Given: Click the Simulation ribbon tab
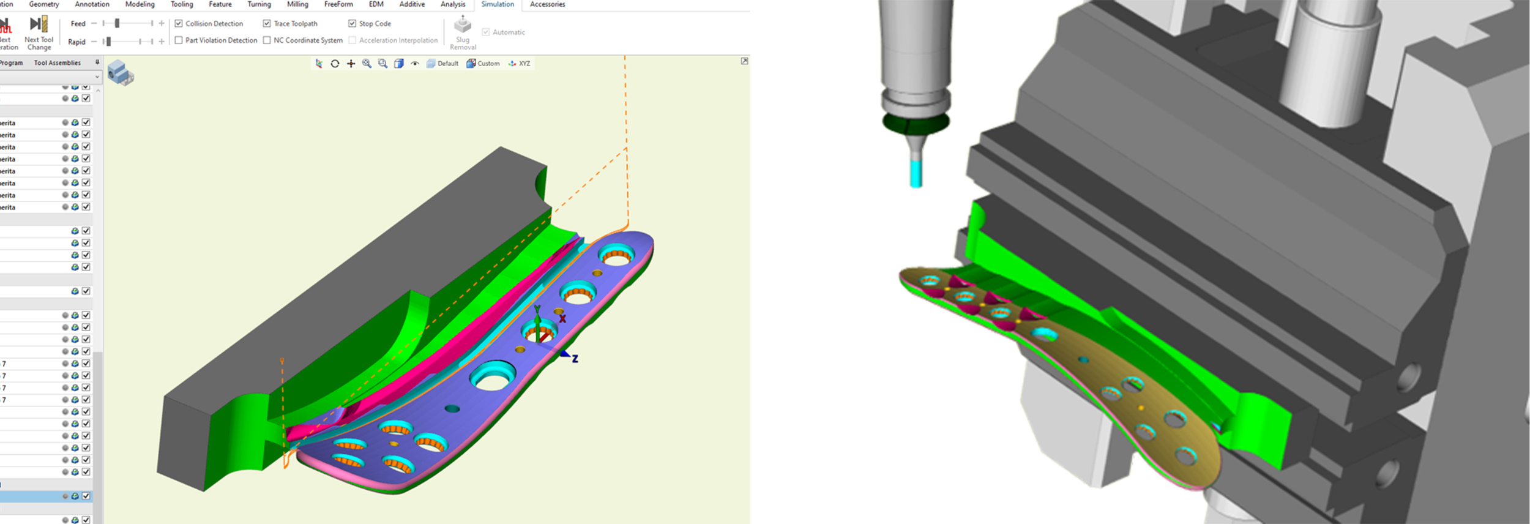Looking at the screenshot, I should (x=497, y=4).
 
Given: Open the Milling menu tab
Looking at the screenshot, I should (x=297, y=4).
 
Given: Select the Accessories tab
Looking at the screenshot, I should (x=547, y=4).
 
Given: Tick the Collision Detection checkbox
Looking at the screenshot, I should (x=179, y=24).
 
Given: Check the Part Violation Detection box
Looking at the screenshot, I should (x=179, y=40).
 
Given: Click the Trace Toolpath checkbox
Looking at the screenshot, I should (x=267, y=24).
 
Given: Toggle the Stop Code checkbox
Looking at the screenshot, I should (x=352, y=24).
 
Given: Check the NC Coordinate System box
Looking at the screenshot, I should (x=267, y=40).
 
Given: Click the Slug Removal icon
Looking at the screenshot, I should (x=463, y=26).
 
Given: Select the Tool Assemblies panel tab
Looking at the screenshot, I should (x=57, y=63).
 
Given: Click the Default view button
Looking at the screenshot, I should (x=442, y=64).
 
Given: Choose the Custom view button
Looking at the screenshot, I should (x=483, y=64).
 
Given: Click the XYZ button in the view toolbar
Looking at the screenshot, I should (x=520, y=64).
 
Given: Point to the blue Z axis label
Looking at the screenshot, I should (x=575, y=359).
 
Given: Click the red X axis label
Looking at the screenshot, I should (x=562, y=319).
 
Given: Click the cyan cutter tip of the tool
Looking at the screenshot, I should (x=916, y=174).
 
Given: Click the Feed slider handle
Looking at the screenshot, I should (x=117, y=24).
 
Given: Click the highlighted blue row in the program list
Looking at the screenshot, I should (x=37, y=496).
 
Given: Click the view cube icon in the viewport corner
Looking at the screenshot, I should (x=120, y=73).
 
